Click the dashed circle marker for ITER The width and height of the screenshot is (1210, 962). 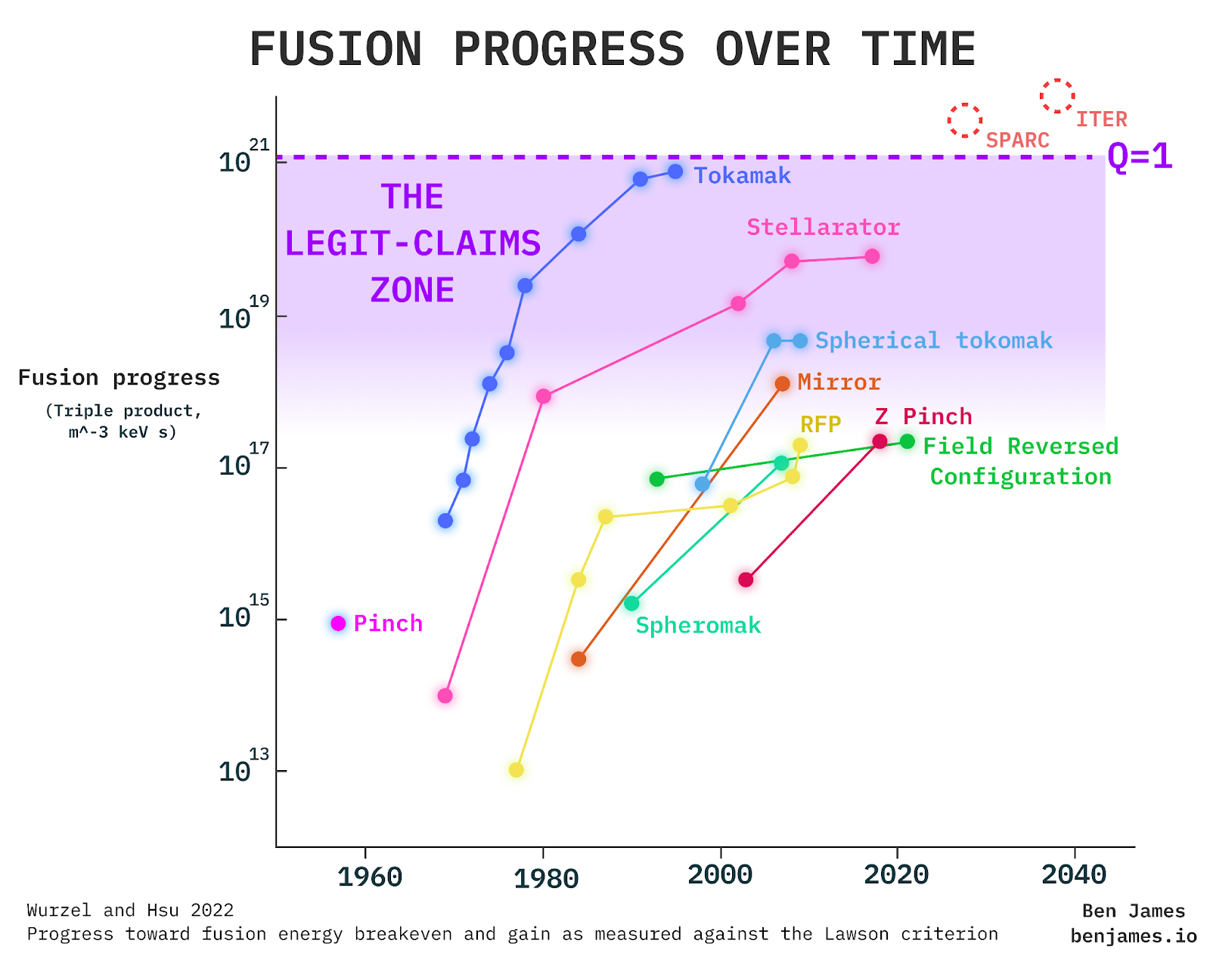click(x=1056, y=96)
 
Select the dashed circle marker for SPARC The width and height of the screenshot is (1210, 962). click(x=965, y=120)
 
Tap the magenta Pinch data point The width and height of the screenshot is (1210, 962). click(x=338, y=623)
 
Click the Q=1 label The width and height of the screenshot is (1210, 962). click(x=1140, y=156)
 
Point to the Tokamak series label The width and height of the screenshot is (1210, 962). click(x=742, y=176)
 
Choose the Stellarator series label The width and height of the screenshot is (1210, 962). click(x=823, y=227)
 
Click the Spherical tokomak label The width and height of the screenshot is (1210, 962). click(x=933, y=341)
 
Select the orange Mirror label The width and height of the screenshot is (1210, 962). click(x=839, y=382)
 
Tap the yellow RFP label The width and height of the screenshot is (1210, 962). click(x=821, y=424)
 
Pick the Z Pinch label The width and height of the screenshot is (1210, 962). click(x=923, y=416)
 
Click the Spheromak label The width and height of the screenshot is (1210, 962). click(x=697, y=626)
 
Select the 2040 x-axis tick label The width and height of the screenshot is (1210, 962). click(x=1074, y=875)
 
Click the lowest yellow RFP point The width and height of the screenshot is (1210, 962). click(x=516, y=770)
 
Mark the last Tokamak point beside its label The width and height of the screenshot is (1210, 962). click(x=675, y=172)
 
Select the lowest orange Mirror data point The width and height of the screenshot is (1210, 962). click(x=579, y=659)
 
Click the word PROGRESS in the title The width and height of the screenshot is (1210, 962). click(x=569, y=50)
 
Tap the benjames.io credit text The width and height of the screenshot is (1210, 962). click(x=1133, y=937)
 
